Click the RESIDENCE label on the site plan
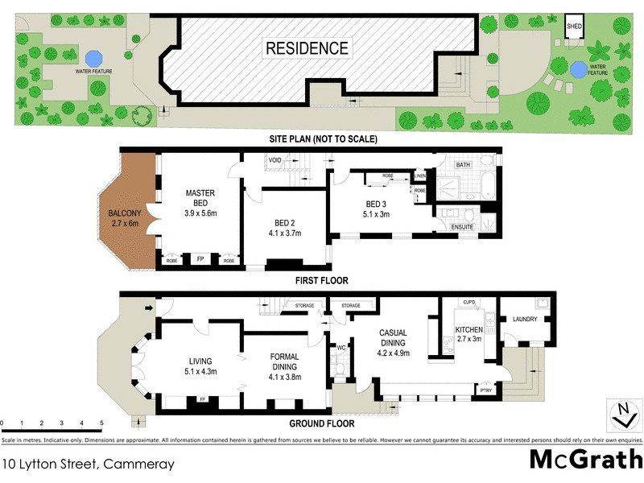[x=308, y=48]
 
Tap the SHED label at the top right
[x=574, y=25]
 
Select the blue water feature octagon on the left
[x=94, y=58]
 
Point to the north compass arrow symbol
[x=623, y=415]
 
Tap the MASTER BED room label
[x=200, y=199]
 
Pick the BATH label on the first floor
[x=463, y=165]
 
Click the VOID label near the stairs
[x=275, y=160]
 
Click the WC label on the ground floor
[x=341, y=348]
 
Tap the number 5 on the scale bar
[x=101, y=423]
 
